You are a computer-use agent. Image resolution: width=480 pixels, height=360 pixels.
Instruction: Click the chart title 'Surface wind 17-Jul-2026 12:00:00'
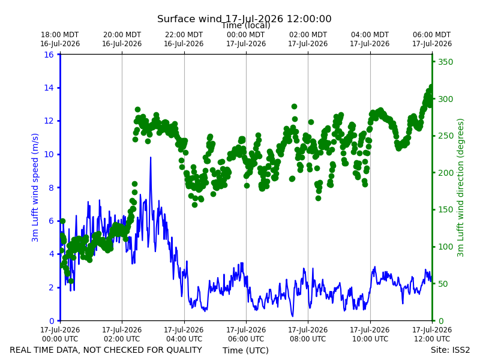click(244, 19)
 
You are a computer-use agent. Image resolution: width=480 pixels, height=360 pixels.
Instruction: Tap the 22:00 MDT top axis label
click(184, 39)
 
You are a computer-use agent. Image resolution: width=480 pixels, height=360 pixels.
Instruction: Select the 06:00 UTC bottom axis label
click(246, 334)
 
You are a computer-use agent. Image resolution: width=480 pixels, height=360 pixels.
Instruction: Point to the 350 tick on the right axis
click(445, 62)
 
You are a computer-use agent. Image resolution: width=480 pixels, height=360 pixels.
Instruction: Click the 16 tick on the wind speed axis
click(49, 55)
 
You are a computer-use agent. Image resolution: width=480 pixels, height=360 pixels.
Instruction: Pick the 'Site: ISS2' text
click(450, 350)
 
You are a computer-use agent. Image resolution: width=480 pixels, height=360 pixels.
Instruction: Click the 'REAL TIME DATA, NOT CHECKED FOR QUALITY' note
click(106, 350)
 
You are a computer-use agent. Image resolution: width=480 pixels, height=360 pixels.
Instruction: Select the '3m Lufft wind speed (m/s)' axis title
click(35, 188)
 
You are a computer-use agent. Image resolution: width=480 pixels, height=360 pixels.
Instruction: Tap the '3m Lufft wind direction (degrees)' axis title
click(460, 188)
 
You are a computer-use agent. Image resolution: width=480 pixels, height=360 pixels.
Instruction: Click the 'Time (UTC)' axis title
click(245, 350)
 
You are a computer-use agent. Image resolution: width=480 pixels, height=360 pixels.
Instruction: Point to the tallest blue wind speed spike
click(151, 158)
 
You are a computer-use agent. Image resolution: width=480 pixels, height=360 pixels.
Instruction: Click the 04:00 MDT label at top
click(370, 39)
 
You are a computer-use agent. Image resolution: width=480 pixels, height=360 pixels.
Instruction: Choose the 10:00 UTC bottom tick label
click(370, 334)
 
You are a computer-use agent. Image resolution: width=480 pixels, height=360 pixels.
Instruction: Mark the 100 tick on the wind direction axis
click(445, 247)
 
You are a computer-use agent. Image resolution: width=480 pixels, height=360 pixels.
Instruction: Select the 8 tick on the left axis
click(52, 188)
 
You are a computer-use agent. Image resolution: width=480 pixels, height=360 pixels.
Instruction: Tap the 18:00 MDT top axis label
click(60, 39)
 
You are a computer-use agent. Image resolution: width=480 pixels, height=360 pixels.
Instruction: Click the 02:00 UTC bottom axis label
click(122, 334)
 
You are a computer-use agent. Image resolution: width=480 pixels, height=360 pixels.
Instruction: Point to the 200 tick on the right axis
click(445, 173)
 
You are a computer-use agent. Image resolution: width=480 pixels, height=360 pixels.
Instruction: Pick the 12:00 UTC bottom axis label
click(432, 334)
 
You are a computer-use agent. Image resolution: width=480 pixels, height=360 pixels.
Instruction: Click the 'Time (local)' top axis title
click(246, 25)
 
